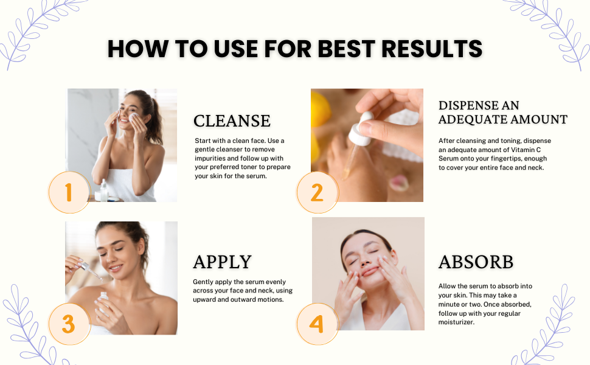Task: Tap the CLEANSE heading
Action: [x=232, y=120]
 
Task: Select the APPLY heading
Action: [x=222, y=262]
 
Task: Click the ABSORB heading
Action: [x=476, y=262]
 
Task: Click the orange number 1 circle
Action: [x=69, y=192]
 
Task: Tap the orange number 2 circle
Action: [x=317, y=192]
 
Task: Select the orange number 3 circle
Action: [x=69, y=323]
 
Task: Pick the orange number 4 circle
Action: [x=317, y=323]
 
